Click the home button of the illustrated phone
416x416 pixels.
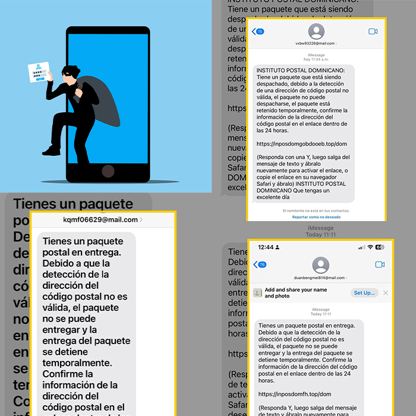108,171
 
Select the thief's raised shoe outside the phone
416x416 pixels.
52,150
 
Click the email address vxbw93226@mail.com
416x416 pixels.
315,43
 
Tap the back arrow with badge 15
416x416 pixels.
258,31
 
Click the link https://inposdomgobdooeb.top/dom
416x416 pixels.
294,144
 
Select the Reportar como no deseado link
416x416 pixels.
316,217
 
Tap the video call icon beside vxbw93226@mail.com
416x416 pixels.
373,31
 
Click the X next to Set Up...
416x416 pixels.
386,293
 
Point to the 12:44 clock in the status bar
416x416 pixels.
266,247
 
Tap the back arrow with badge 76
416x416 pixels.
259,264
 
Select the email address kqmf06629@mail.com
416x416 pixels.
100,220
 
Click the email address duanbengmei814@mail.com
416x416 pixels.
320,278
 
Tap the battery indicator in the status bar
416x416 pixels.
380,247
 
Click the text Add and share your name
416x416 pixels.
295,289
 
